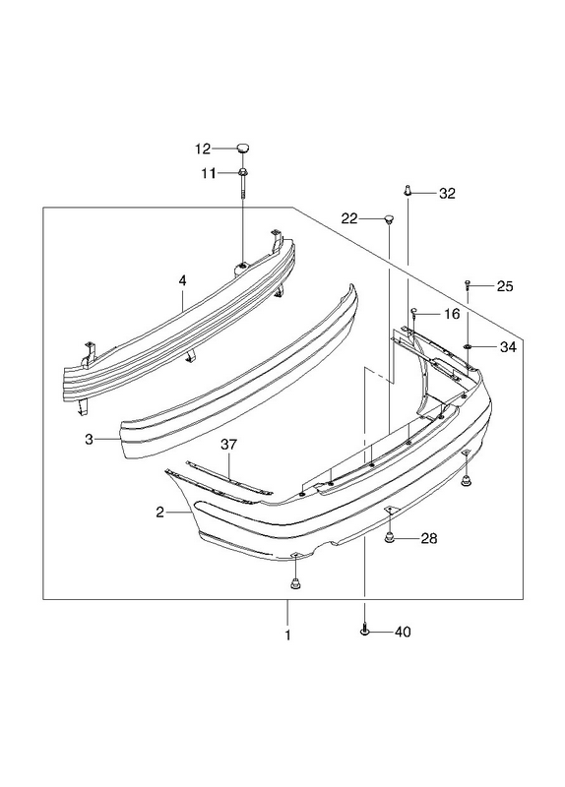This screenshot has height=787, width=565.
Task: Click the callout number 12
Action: point(203,150)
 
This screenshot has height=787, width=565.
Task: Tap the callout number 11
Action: point(209,174)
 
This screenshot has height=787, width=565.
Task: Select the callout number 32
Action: point(447,193)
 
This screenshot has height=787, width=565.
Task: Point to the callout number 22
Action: point(349,218)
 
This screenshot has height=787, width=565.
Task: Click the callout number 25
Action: point(505,286)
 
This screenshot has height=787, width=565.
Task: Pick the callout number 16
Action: point(452,314)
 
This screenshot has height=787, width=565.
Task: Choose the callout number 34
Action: point(508,347)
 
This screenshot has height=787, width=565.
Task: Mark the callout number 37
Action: point(228,445)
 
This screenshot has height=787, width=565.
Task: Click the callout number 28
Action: point(429,538)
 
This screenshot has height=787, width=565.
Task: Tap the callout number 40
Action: point(403,632)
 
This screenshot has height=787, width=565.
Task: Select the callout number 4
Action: point(182,281)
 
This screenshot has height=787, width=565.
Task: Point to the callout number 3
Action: point(89,440)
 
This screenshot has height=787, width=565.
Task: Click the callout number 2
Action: point(159,513)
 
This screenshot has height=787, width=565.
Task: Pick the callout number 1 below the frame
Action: point(287,636)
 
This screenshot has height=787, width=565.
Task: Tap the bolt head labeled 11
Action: point(242,173)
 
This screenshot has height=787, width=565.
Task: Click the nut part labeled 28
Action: point(390,538)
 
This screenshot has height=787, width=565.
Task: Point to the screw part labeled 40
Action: point(365,629)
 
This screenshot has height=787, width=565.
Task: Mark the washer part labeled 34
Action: point(468,347)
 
